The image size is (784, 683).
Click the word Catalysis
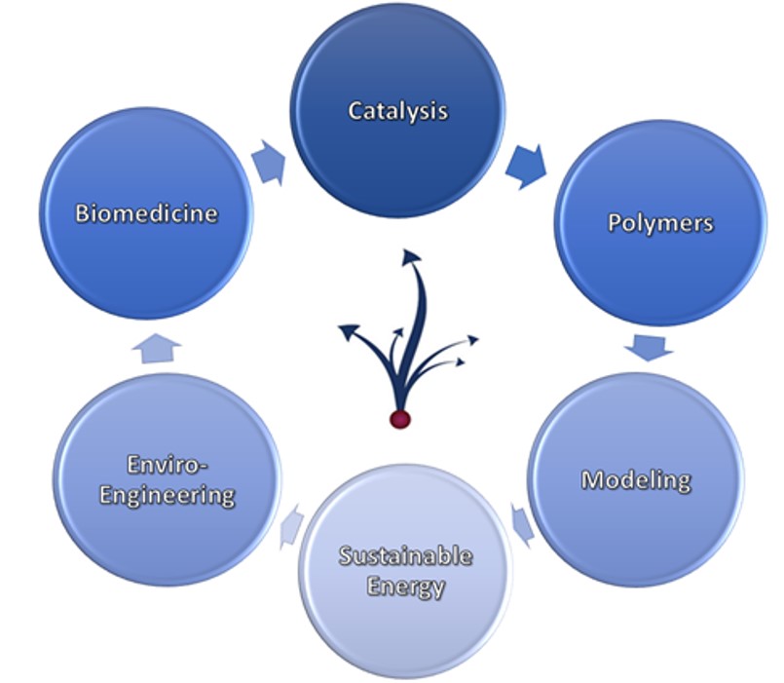point(398,111)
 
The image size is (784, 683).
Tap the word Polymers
point(660,223)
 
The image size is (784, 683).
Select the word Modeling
point(637,480)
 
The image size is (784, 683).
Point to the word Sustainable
point(406,556)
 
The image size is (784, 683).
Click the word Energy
point(406,587)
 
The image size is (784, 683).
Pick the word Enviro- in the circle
point(167,465)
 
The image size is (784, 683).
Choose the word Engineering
point(167,495)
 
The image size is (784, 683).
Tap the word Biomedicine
point(146,213)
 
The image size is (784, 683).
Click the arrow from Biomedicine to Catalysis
point(270,163)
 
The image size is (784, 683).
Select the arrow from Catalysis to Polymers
point(526,166)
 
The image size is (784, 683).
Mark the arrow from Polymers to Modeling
point(649,347)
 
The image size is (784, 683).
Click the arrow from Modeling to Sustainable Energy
point(523,524)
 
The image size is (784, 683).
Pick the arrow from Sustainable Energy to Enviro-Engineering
point(292,526)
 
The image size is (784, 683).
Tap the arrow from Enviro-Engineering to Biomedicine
point(157,348)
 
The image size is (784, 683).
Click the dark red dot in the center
point(400,419)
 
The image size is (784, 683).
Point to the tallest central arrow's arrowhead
point(412,254)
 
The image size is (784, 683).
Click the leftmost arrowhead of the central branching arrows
point(348,330)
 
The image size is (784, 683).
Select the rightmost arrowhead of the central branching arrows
point(472,340)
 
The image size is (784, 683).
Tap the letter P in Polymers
point(614,222)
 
